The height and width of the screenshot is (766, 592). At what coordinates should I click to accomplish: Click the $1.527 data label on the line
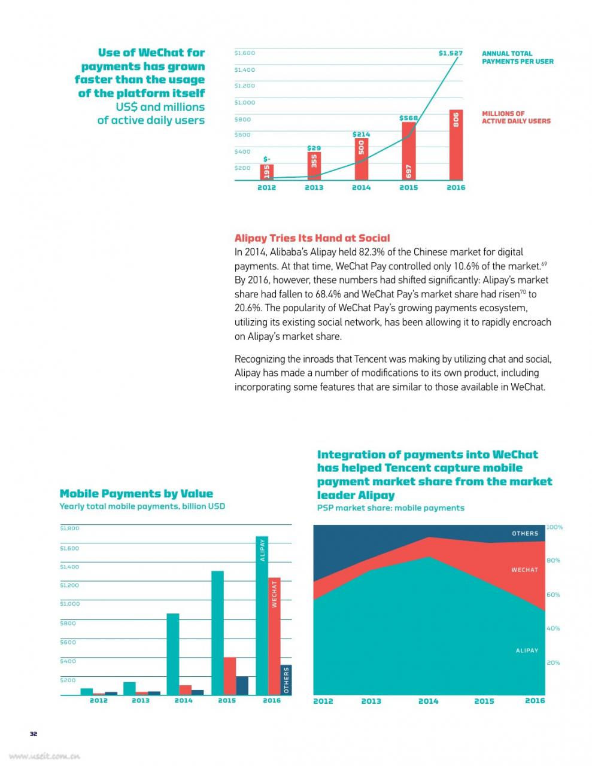(450, 53)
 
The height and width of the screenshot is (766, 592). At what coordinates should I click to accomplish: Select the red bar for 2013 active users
(314, 166)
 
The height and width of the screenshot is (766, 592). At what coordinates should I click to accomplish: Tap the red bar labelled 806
(456, 145)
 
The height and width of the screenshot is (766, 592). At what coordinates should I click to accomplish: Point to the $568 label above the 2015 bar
(408, 118)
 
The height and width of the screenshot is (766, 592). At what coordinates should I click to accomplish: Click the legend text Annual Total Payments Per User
(517, 57)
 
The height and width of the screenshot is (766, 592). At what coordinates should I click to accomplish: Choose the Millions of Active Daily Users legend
(516, 117)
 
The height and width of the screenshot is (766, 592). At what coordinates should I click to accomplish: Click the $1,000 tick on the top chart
(244, 102)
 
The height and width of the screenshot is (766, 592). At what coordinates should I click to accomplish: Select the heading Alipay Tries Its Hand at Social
(312, 238)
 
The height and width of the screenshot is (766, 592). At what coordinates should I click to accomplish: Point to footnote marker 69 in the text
(544, 263)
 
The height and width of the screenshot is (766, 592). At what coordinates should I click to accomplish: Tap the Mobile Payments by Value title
(136, 493)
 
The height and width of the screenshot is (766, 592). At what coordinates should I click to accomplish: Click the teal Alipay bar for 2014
(173, 654)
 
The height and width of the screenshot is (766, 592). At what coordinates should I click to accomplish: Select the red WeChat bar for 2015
(229, 676)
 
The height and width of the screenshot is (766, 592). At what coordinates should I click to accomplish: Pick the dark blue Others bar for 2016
(286, 680)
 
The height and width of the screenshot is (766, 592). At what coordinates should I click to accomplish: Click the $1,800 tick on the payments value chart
(69, 528)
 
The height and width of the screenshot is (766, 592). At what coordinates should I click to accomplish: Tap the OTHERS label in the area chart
(524, 533)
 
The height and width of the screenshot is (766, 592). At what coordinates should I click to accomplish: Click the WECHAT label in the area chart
(524, 570)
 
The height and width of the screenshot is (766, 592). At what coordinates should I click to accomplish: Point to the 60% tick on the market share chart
(553, 595)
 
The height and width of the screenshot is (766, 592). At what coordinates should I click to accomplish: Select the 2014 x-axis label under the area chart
(428, 701)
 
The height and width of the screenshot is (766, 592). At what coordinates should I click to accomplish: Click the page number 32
(34, 734)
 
